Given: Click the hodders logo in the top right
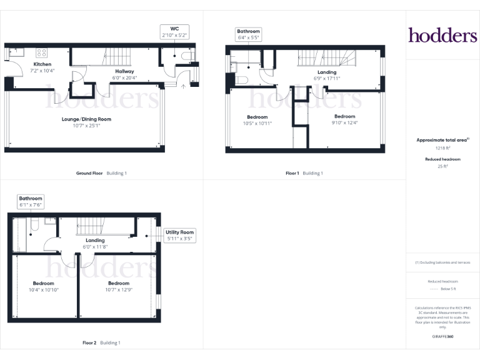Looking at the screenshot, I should tap(442, 35).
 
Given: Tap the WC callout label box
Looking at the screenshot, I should tap(174, 32).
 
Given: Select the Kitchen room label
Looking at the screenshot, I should tap(42, 64).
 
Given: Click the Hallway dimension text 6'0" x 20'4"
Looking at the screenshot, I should tap(124, 78).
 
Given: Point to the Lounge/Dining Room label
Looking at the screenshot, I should tap(86, 119).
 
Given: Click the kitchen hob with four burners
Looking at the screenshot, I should tap(42, 52).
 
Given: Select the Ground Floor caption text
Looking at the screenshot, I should tap(89, 173).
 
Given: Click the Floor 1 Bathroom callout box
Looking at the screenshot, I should tap(248, 34).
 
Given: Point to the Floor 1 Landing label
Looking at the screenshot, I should tap(327, 72).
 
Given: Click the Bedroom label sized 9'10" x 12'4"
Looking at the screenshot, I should tap(344, 116).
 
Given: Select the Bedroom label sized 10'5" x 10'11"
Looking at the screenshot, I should tap(257, 117).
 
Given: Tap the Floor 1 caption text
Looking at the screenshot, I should tap(292, 173).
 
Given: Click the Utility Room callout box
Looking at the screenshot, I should tap(180, 235).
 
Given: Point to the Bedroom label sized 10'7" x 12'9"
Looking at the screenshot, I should tap(119, 283).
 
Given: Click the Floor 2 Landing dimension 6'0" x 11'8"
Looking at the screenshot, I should tap(95, 247).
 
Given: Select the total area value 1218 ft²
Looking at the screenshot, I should tap(442, 148).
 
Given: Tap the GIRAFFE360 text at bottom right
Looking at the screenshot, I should tap(442, 337).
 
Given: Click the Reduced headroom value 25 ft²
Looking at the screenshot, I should tap(442, 167).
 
